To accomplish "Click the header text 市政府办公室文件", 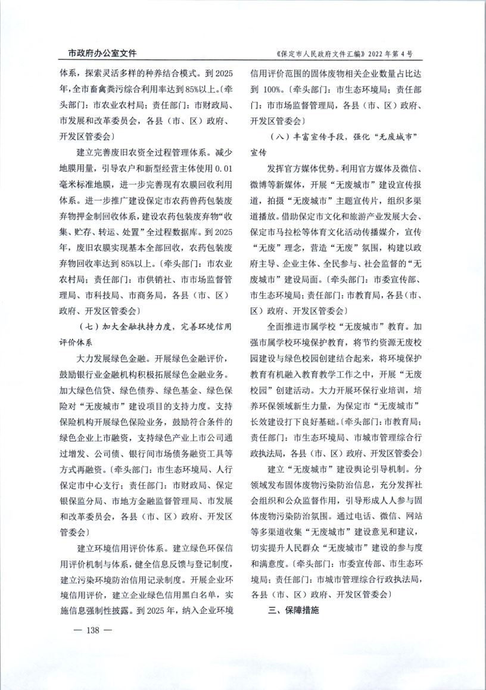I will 98,54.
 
